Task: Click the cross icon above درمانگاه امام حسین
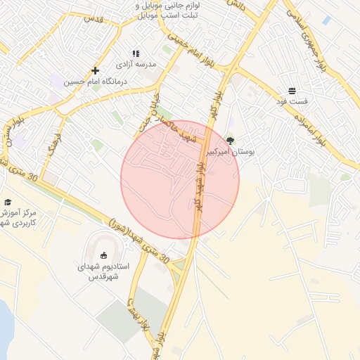coord(96,70)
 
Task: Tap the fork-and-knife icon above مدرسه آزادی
coord(136,53)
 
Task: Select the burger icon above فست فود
coord(292,91)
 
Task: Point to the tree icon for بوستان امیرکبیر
coord(229,141)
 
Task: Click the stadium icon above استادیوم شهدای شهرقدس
coord(104,255)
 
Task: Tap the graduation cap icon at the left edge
coord(8,202)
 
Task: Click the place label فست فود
coord(292,102)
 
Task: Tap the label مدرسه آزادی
coord(157,64)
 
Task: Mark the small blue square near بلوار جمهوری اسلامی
coord(326,20)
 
